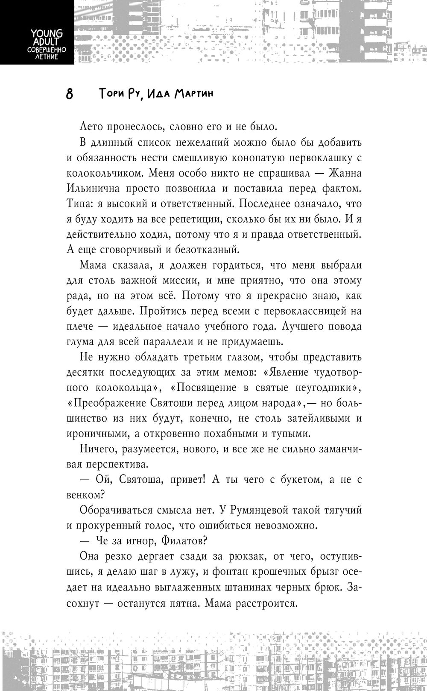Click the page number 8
tap(70, 94)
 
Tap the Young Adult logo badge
tap(37, 32)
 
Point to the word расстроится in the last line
tap(267, 602)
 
